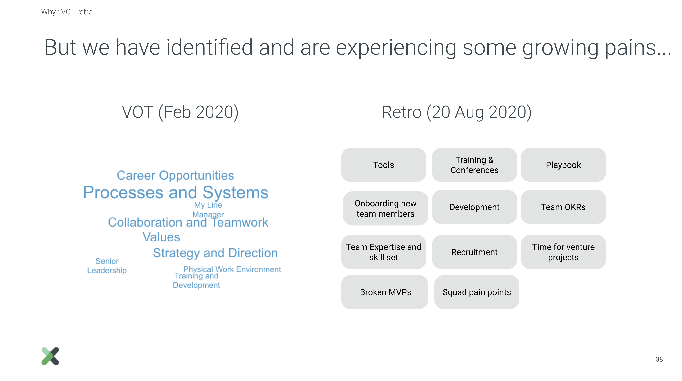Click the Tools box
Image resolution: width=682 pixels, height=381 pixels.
point(384,165)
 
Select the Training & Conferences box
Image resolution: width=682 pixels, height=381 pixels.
point(474,165)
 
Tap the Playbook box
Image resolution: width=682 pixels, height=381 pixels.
point(563,165)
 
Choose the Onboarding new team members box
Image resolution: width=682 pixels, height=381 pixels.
point(385,208)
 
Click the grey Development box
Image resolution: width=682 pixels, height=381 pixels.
point(474,207)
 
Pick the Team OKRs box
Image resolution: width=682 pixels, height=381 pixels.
point(563,207)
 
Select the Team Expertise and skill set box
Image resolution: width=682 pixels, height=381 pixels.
point(384,252)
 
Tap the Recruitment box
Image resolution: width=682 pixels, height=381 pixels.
point(474,252)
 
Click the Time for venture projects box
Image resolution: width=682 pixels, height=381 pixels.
point(563,252)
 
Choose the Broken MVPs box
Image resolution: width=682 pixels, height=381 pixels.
point(385,292)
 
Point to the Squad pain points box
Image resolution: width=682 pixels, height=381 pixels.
point(477,292)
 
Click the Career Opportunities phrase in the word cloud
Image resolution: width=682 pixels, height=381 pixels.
point(175,175)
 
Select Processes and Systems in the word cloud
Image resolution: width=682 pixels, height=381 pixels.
point(176,192)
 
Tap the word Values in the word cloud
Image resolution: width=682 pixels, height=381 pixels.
point(161,237)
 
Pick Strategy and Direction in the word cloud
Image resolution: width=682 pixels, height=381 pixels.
point(215,253)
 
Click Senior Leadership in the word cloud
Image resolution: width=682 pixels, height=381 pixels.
point(107,266)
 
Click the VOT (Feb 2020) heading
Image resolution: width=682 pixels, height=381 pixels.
point(180,112)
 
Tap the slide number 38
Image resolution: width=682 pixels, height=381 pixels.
point(659,359)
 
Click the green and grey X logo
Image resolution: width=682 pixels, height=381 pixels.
point(50,356)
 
